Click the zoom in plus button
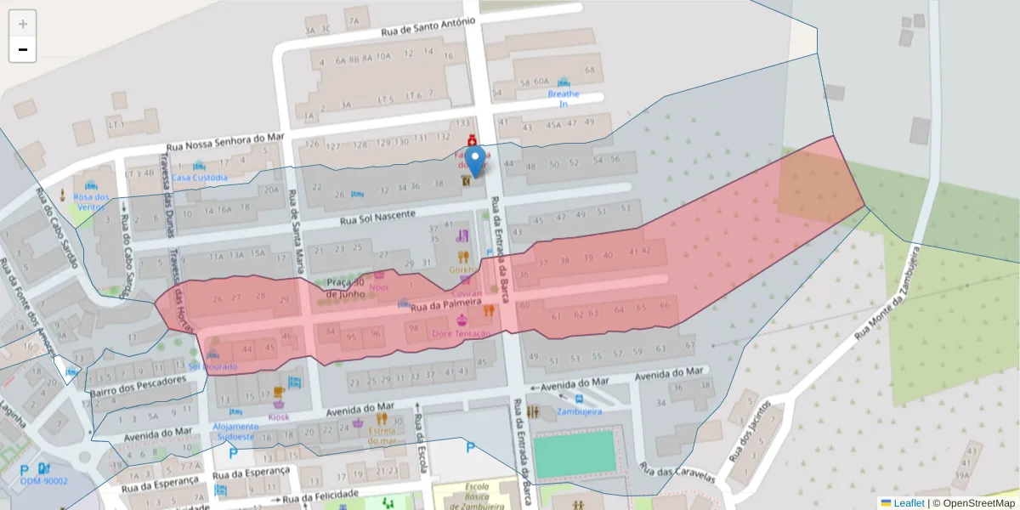pyautogui.click(x=23, y=24)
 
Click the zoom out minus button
pyautogui.click(x=23, y=49)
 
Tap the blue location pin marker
pyautogui.click(x=476, y=161)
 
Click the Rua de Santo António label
pyautogui.click(x=422, y=28)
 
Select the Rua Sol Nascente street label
pyautogui.click(x=377, y=218)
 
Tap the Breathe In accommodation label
pyautogui.click(x=564, y=99)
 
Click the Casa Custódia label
pyautogui.click(x=200, y=178)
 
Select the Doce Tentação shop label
pyautogui.click(x=461, y=333)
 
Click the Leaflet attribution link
pyautogui.click(x=908, y=503)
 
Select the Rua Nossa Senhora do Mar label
pyautogui.click(x=224, y=141)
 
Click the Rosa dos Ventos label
pyautogui.click(x=92, y=201)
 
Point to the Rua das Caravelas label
pyautogui.click(x=677, y=473)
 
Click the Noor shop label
pyautogui.click(x=379, y=287)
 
